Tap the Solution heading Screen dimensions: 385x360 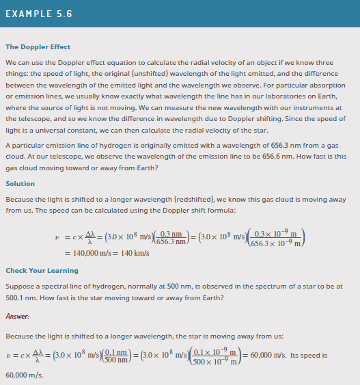pyautogui.click(x=20, y=183)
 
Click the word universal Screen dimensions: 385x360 pyautogui.click(x=56, y=129)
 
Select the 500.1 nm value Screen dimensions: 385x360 pyautogui.click(x=19, y=298)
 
